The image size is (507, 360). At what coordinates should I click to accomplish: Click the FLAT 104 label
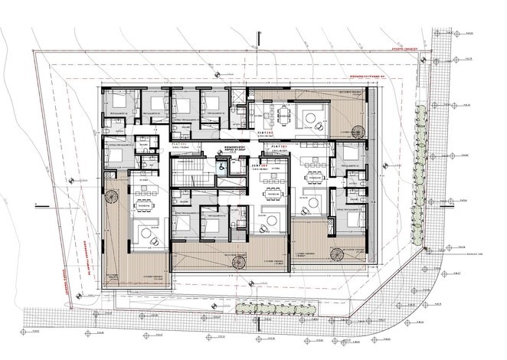259,164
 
